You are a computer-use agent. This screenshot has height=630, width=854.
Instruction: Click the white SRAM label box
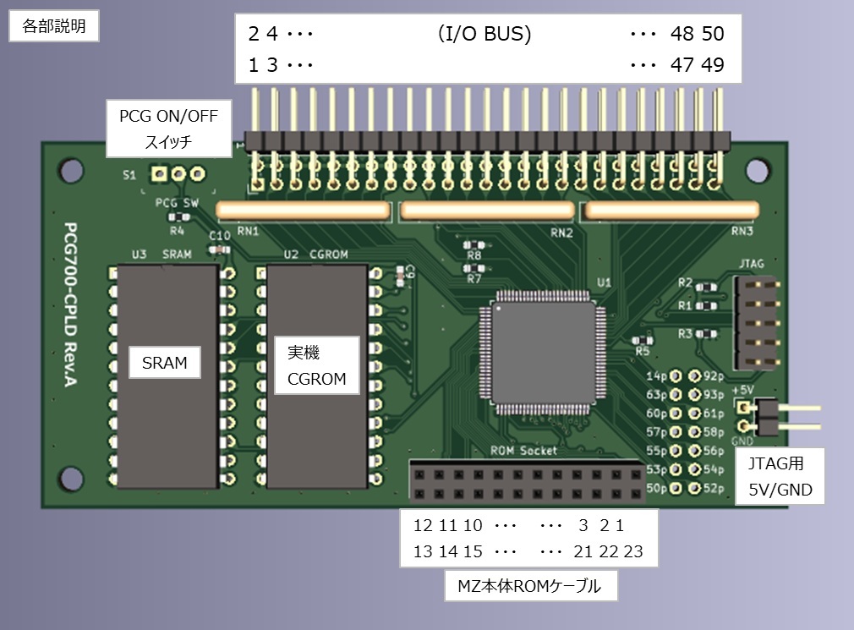[x=165, y=363]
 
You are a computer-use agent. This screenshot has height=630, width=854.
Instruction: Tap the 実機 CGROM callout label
[x=316, y=365]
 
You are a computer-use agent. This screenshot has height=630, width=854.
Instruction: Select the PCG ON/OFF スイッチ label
[x=168, y=129]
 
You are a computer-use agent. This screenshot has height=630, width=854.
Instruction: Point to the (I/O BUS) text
[x=484, y=35]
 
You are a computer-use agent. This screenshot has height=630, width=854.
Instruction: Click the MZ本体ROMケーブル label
[x=529, y=586]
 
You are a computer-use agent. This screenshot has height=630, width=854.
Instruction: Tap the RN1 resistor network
[x=303, y=210]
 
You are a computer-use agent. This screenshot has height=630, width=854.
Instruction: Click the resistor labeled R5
[x=643, y=339]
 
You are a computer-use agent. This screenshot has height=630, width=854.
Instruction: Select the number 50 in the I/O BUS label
[x=712, y=35]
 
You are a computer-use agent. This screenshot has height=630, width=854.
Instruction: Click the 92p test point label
[x=714, y=376]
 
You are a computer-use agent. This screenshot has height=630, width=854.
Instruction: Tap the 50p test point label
[x=656, y=488]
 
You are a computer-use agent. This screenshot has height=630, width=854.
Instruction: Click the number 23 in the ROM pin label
[x=633, y=552]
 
